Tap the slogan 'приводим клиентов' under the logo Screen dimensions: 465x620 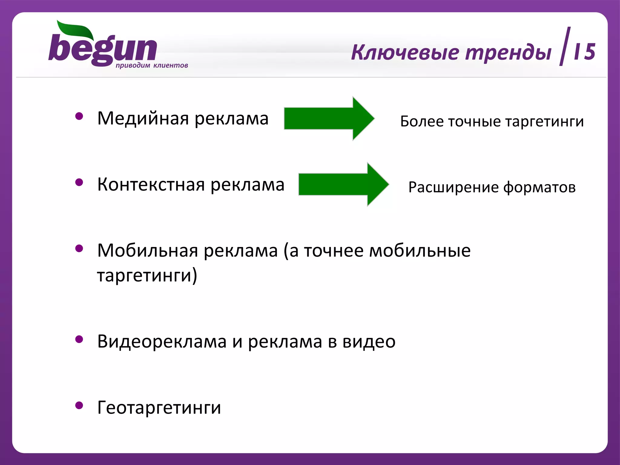[x=152, y=65]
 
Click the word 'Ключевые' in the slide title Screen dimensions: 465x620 [x=405, y=52]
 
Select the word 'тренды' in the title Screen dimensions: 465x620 [x=508, y=52]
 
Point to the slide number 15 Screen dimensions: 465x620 [x=584, y=51]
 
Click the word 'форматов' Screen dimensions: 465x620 [x=539, y=187]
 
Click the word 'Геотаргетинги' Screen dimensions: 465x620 [x=159, y=407]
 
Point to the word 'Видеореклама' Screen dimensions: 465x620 [x=162, y=341]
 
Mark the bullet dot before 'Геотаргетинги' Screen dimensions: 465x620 [x=79, y=405]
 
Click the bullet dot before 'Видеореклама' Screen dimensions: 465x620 [x=79, y=339]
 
